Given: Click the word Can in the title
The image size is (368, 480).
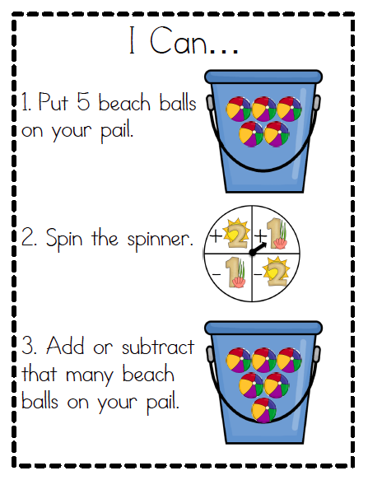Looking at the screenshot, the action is point(179,41).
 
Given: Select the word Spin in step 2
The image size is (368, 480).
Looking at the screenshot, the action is point(64,239).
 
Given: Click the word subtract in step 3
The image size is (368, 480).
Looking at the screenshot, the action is point(158,348).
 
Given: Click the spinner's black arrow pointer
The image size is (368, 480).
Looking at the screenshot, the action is point(258,248).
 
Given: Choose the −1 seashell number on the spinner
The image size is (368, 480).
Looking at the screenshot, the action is point(228,273).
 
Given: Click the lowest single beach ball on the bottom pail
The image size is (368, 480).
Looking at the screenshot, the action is point(263,411).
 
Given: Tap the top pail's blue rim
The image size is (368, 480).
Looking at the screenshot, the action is point(263,77).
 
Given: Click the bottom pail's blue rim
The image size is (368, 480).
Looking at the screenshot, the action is point(263,328).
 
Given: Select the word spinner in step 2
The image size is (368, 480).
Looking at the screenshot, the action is point(161,240).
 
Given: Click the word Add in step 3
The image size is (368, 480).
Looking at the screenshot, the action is point(65,346).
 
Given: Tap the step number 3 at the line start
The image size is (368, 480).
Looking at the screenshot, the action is point(27,346).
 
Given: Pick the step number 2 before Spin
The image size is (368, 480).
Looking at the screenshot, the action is point(27,238).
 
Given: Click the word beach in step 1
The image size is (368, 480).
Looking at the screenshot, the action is point(124,102).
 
